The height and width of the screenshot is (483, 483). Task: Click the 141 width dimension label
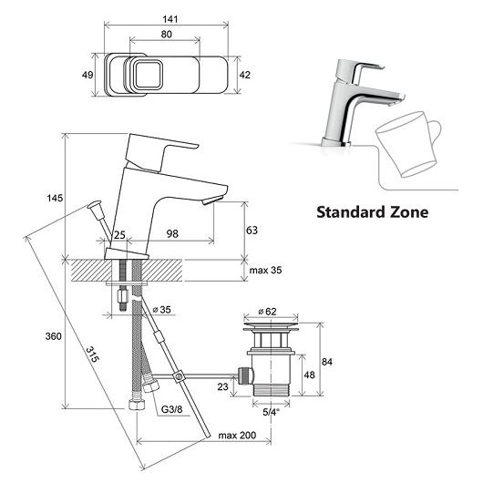click(170, 19)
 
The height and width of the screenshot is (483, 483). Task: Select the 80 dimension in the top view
click(167, 35)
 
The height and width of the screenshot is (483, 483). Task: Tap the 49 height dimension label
click(87, 75)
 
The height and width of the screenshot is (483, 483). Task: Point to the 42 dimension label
click(245, 75)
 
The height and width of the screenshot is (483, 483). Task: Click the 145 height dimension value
click(55, 198)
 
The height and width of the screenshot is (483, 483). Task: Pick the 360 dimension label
click(53, 336)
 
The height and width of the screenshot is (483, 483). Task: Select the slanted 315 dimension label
click(92, 355)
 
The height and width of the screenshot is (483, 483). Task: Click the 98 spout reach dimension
click(172, 234)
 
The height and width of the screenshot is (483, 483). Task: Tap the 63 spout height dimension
click(252, 230)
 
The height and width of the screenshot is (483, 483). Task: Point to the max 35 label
click(265, 270)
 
